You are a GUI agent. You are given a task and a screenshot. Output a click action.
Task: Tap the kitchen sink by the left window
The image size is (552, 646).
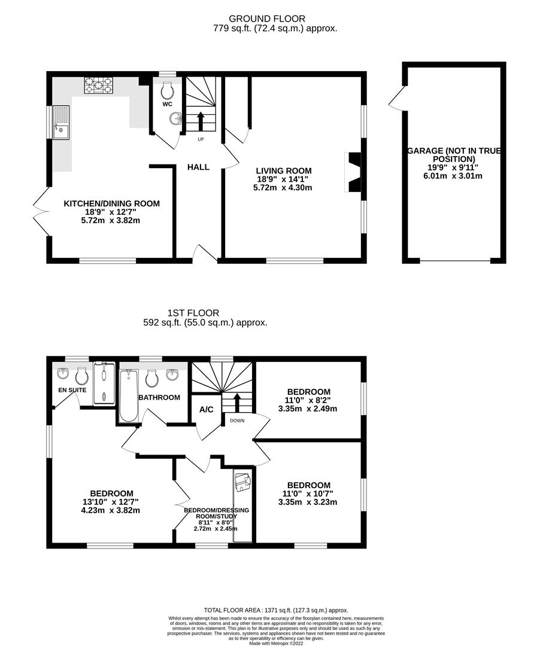(61, 123)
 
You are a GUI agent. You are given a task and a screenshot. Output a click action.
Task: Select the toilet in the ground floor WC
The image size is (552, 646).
(168, 90)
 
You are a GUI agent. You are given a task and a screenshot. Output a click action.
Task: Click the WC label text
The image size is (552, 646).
(167, 104)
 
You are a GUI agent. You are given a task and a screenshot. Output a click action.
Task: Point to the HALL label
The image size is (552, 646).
(198, 167)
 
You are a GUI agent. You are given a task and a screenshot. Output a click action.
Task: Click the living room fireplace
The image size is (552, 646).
(354, 172)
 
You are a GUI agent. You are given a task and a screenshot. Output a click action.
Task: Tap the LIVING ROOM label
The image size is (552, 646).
(284, 171)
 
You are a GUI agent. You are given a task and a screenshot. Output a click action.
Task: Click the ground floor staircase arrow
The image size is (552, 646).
(201, 119)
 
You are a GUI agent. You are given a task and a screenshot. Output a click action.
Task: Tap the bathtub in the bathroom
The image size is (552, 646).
(128, 396)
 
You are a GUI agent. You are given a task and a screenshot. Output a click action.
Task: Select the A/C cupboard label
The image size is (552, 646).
(207, 411)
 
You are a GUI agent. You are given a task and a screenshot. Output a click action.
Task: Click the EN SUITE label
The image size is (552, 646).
(72, 390)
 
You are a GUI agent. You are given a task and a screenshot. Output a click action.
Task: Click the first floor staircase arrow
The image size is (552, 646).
(238, 402)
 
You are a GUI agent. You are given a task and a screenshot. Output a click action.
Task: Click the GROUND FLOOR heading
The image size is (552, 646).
(275, 19)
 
